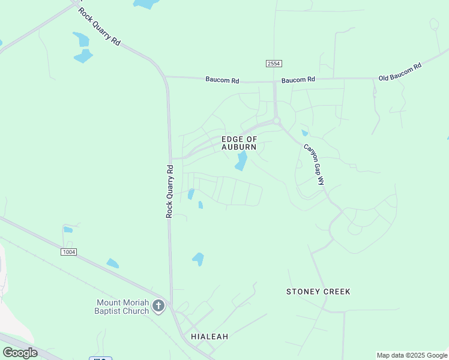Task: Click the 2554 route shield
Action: (274, 64)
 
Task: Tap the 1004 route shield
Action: (68, 252)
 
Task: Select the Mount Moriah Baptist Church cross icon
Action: (158, 307)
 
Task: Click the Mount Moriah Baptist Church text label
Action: (122, 307)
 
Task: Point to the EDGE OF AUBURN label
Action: (239, 143)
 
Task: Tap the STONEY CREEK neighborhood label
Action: (318, 292)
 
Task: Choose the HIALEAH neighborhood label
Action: (209, 337)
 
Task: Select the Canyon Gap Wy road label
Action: (313, 164)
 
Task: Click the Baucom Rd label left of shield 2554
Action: (222, 79)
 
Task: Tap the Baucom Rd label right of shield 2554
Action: (298, 80)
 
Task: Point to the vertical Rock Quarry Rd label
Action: (170, 191)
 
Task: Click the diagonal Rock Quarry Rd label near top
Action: (100, 27)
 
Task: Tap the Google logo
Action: (20, 352)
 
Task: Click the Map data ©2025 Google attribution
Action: (412, 355)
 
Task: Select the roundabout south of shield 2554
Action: (277, 121)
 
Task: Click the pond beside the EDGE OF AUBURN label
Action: (241, 160)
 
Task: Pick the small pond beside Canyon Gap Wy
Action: (305, 133)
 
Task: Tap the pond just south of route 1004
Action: (112, 263)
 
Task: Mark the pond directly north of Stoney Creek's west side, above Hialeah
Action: (198, 259)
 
